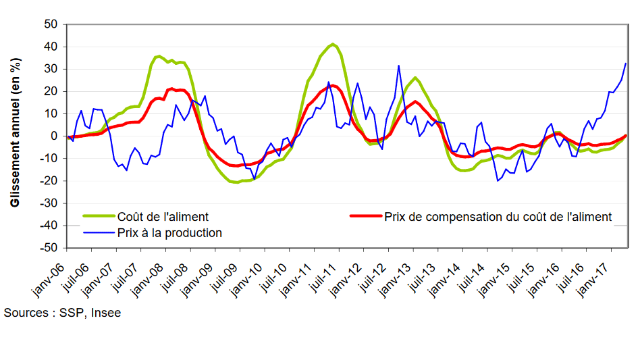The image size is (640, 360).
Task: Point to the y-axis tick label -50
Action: [x=51, y=248]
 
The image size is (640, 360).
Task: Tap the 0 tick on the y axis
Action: [x=56, y=136]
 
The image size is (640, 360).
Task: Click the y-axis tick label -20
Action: [x=51, y=181]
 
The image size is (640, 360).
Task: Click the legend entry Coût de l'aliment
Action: [x=163, y=217]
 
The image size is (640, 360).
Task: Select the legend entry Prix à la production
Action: [x=169, y=233]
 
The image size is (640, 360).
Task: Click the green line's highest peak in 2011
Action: [x=333, y=44]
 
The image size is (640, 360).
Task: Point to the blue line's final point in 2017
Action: [x=626, y=63]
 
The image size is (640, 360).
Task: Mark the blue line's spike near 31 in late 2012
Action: [x=399, y=66]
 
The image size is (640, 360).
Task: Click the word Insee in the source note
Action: [x=107, y=313]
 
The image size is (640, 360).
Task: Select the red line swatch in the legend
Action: [x=365, y=217]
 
